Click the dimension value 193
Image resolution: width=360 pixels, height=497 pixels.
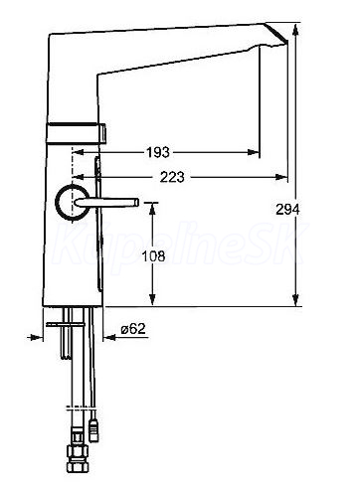click(x=158, y=152)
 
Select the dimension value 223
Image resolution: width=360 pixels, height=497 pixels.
click(x=172, y=177)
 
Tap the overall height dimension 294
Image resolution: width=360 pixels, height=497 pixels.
click(x=287, y=210)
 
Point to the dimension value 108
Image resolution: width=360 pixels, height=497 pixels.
click(x=153, y=255)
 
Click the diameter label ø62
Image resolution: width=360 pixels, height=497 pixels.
click(x=133, y=329)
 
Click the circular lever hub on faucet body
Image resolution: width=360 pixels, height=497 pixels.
click(x=72, y=203)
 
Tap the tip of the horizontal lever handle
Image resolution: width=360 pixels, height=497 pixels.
click(x=136, y=202)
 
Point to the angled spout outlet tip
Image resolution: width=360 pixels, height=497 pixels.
click(x=285, y=43)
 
